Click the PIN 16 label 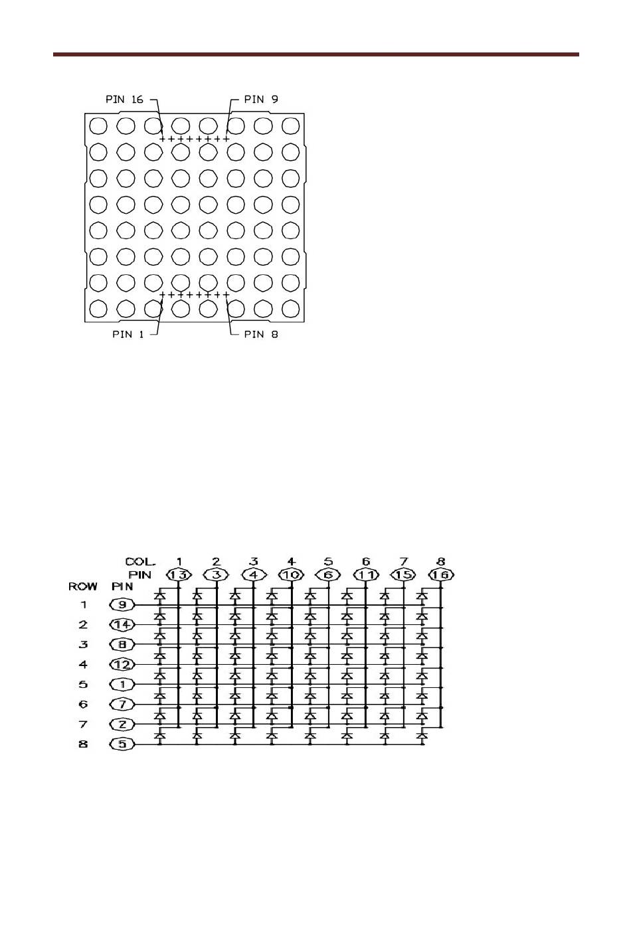tap(124, 100)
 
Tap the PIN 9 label tap(261, 100)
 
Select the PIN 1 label tap(128, 334)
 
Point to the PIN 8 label tap(261, 334)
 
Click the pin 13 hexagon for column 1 tap(179, 575)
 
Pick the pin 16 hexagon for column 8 tap(441, 575)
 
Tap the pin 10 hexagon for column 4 tap(291, 575)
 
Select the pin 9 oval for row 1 tap(123, 605)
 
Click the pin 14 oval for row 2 tap(123, 625)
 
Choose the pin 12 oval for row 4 tap(123, 665)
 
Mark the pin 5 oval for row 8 tap(123, 744)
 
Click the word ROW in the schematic tap(83, 586)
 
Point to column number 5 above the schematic tap(328, 562)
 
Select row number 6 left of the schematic tap(83, 705)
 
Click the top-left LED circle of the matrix tap(98, 126)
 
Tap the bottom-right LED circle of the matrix tap(291, 308)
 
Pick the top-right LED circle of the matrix tap(291, 126)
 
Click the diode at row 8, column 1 tap(160, 736)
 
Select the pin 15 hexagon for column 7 tap(403, 575)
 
